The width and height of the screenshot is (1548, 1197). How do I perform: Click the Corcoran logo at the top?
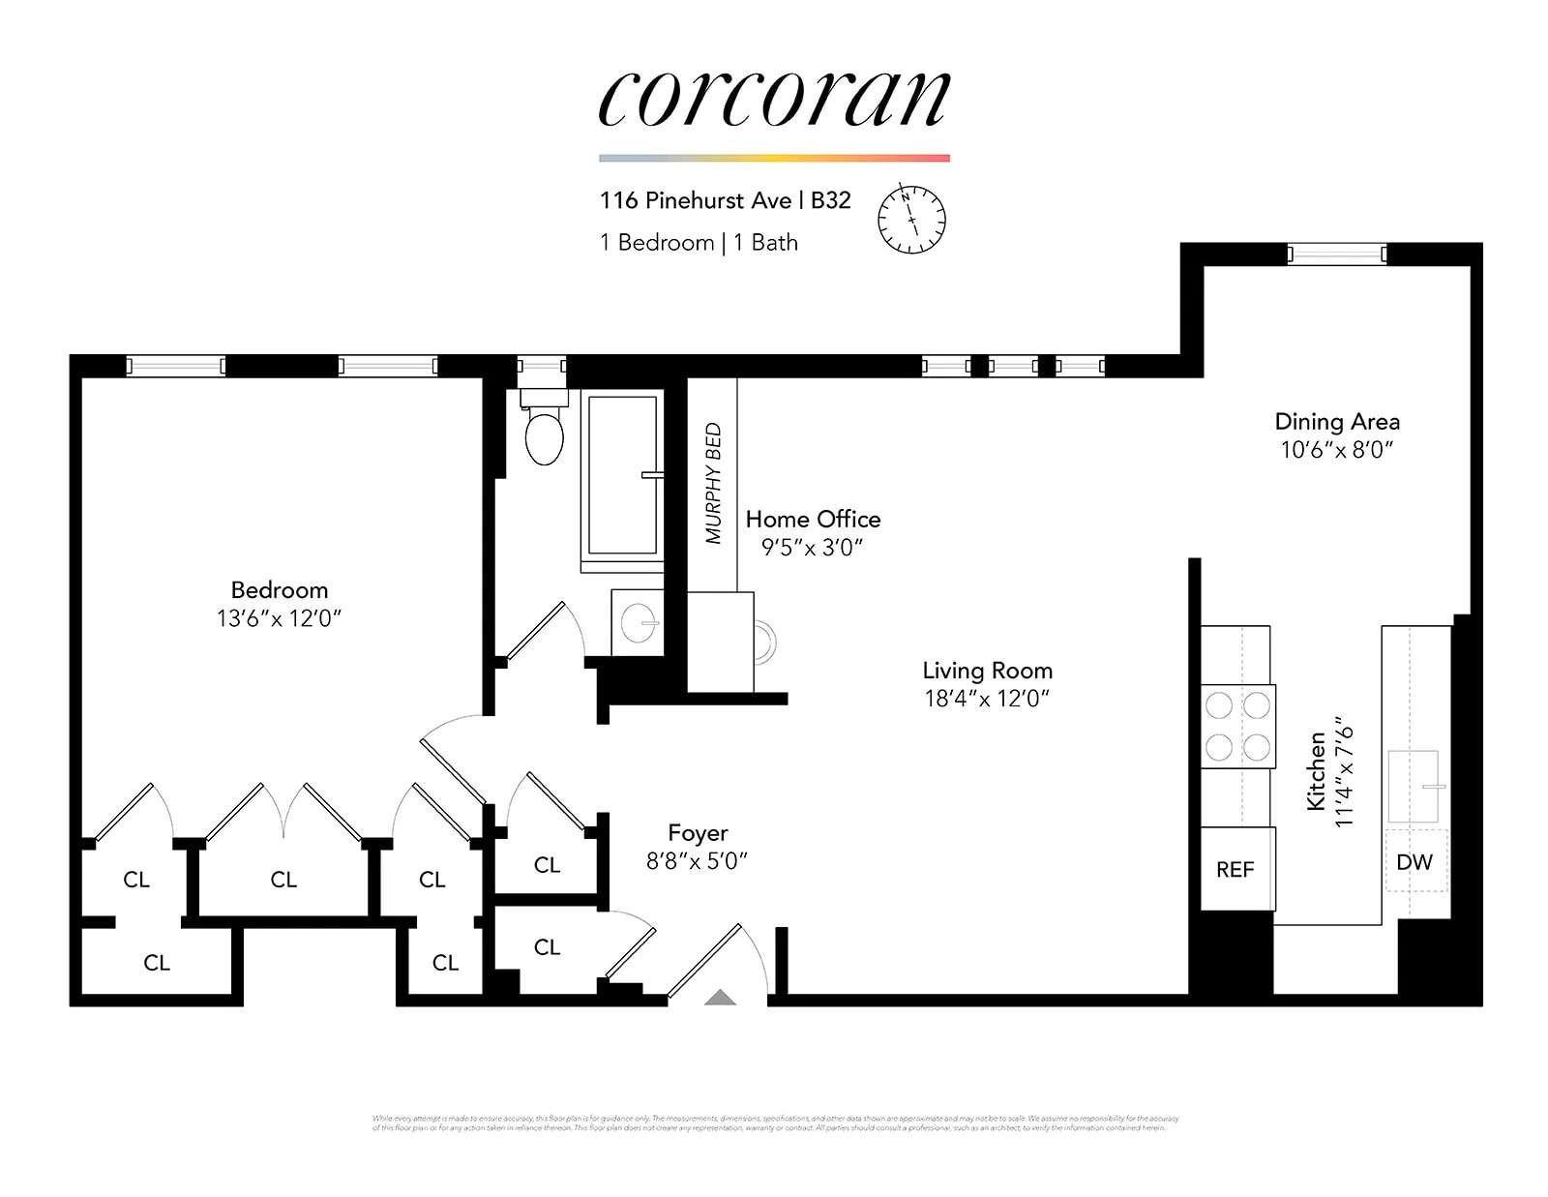pyautogui.click(x=774, y=99)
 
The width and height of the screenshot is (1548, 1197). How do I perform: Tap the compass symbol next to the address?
pyautogui.click(x=910, y=219)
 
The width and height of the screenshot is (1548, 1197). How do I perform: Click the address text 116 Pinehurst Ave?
pyautogui.click(x=695, y=200)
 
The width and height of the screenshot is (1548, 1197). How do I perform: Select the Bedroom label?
pyautogui.click(x=279, y=590)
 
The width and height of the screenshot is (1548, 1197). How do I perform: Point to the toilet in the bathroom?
pyautogui.click(x=544, y=435)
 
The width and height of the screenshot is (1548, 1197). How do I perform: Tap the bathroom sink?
pyautogui.click(x=639, y=623)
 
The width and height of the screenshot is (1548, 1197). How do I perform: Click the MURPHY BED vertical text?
pyautogui.click(x=713, y=483)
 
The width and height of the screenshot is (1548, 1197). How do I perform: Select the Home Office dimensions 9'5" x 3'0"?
pyautogui.click(x=812, y=548)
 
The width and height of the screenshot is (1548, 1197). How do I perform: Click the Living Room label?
pyautogui.click(x=987, y=671)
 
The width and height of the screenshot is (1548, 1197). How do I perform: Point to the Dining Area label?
pyautogui.click(x=1336, y=422)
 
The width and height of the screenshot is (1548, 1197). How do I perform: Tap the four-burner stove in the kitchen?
pyautogui.click(x=1237, y=727)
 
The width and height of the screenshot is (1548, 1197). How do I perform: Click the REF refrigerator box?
pyautogui.click(x=1235, y=870)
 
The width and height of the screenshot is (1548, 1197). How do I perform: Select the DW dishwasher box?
pyautogui.click(x=1414, y=861)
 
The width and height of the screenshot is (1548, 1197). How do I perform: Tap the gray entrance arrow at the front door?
pyautogui.click(x=720, y=998)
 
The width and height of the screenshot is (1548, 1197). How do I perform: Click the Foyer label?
pyautogui.click(x=698, y=833)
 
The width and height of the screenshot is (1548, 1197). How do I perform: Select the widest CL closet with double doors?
pyautogui.click(x=283, y=880)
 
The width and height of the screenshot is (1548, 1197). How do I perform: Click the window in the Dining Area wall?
pyautogui.click(x=1336, y=254)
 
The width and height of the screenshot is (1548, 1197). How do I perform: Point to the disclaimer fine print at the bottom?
pyautogui.click(x=774, y=1123)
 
